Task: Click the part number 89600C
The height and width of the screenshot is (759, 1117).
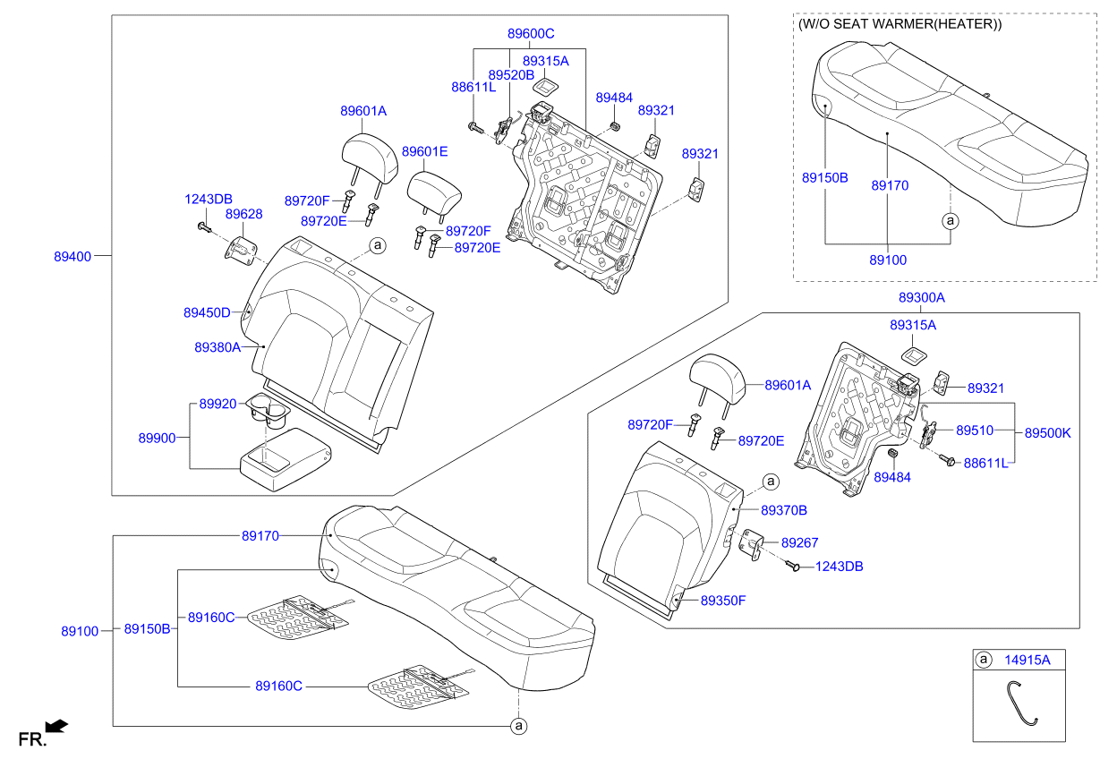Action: (x=531, y=33)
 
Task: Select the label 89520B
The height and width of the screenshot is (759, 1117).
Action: (x=511, y=75)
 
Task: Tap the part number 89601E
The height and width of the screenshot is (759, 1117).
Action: (x=425, y=151)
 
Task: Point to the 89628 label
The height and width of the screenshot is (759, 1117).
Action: (x=243, y=214)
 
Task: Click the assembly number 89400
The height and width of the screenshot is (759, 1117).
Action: (x=72, y=256)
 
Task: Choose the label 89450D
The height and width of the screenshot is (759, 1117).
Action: (x=207, y=312)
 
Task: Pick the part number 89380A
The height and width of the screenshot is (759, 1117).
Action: (x=217, y=347)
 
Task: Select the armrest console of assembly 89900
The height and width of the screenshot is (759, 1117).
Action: (x=286, y=460)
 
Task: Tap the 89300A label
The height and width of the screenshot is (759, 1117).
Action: (x=922, y=298)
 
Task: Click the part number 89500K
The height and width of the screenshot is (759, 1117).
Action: (x=1048, y=433)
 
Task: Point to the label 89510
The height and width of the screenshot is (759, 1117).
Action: (x=975, y=431)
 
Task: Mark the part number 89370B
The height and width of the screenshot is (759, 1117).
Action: (x=784, y=510)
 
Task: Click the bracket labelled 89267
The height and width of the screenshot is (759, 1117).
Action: (x=751, y=544)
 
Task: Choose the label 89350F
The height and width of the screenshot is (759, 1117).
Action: (x=723, y=601)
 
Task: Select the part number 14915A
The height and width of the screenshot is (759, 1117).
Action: (x=1027, y=660)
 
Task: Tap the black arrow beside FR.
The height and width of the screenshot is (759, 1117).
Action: (x=56, y=726)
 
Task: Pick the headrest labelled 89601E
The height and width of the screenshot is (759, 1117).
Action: (x=434, y=193)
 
